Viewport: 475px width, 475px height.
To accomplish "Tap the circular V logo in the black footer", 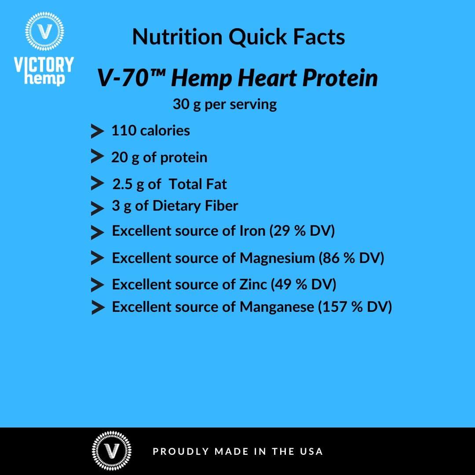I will point(111,451).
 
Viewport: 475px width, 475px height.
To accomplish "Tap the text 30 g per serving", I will point(225,104).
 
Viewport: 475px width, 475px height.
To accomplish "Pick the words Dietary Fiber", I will point(195,206).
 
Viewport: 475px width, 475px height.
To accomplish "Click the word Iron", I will point(252,231).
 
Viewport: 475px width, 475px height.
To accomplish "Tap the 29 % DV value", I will point(304,231).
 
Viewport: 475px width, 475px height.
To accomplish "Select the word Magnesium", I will point(277,258).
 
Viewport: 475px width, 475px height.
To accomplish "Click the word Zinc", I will point(253,285).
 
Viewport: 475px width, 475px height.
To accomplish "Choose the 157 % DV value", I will point(357,307).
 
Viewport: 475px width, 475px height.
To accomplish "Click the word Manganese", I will point(277,307).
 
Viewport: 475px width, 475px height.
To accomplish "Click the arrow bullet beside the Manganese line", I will point(97,307).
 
